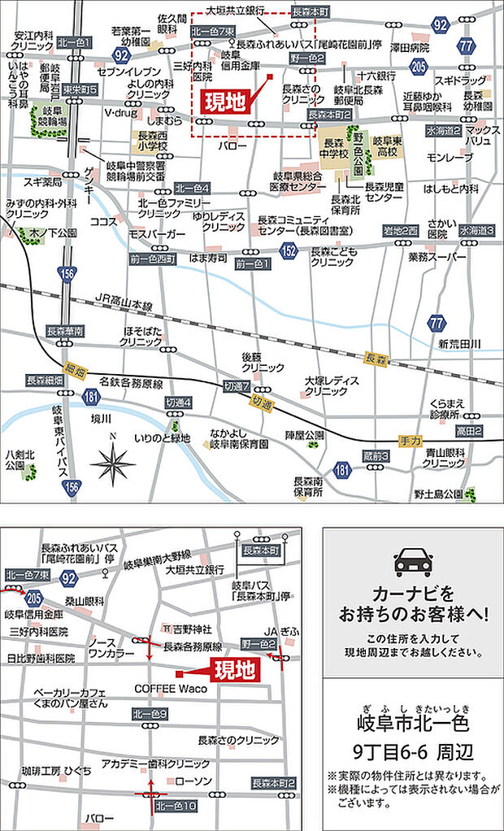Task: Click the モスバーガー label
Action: (x=155, y=233)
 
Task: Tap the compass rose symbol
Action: (x=113, y=464)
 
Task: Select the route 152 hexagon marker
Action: (x=287, y=252)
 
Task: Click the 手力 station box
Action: (x=411, y=440)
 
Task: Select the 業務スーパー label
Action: (x=437, y=257)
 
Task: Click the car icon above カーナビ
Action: (x=412, y=562)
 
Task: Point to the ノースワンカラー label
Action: (x=111, y=648)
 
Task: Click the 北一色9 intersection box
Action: (x=150, y=715)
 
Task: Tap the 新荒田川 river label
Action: (x=460, y=344)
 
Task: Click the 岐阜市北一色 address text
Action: (x=413, y=721)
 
